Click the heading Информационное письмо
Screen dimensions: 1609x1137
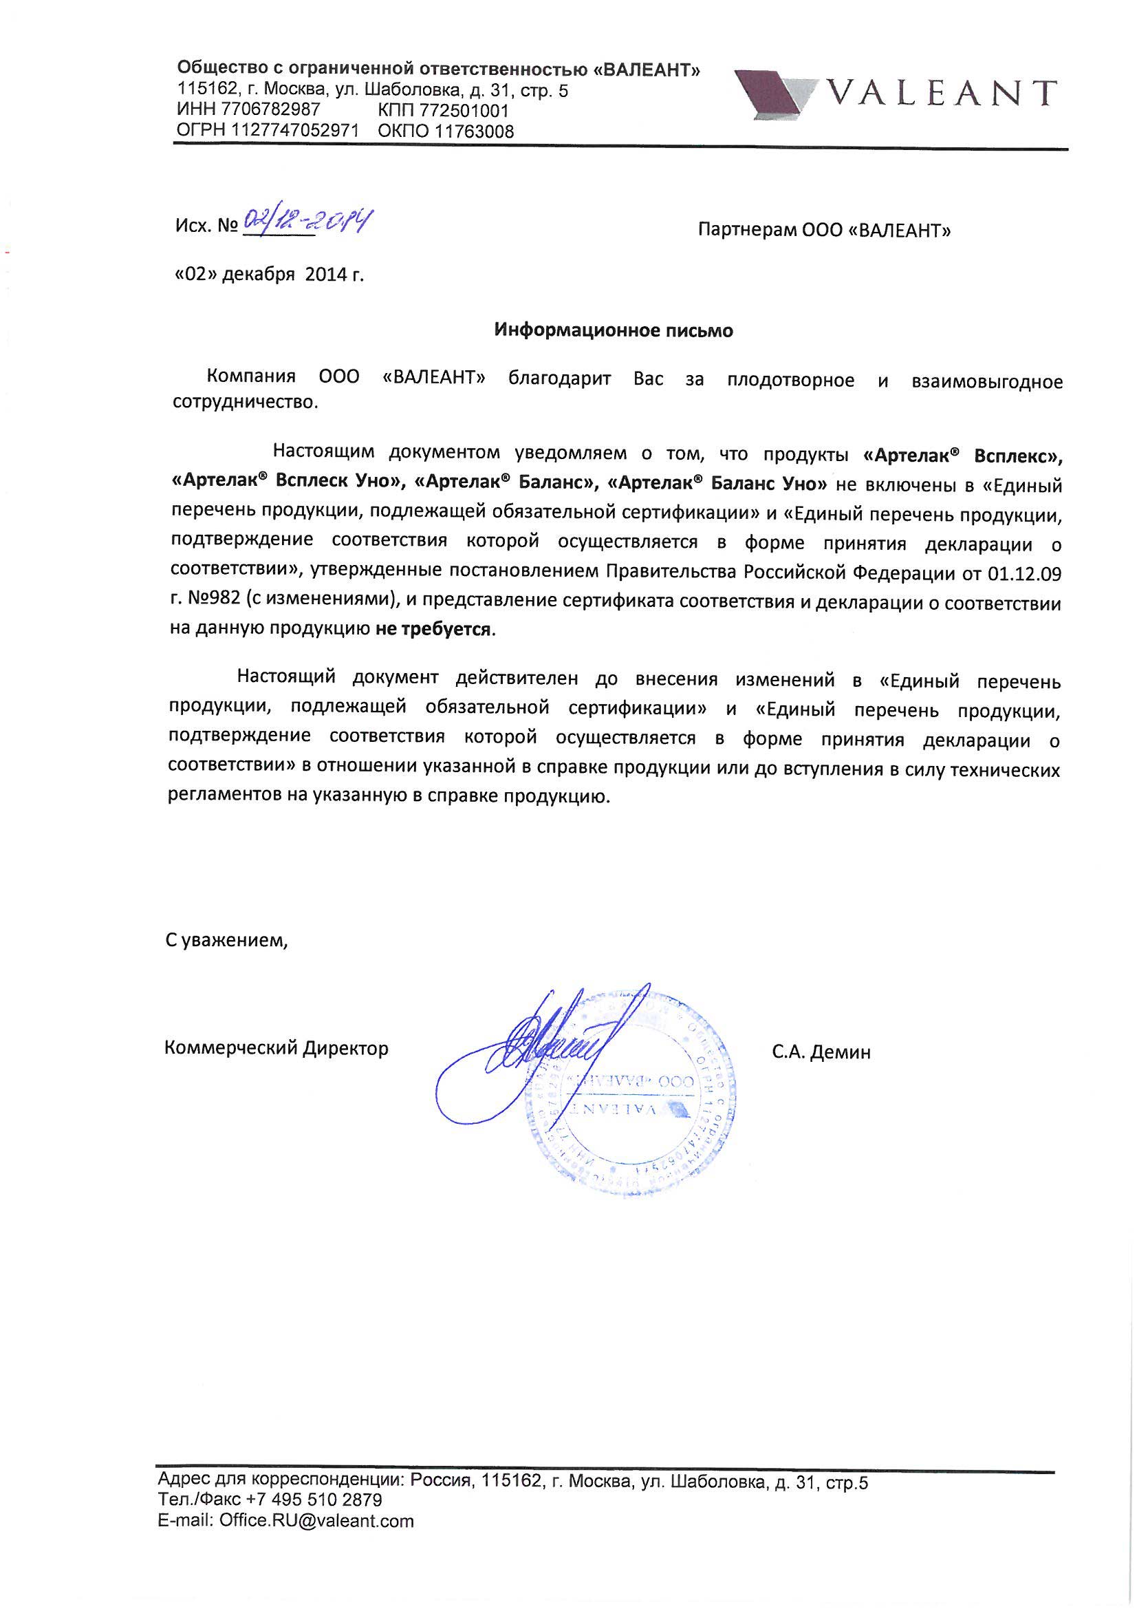614,330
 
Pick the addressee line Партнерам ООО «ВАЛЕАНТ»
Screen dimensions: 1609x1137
825,231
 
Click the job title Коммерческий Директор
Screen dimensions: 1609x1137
276,1048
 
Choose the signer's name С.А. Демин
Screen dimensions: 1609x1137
822,1052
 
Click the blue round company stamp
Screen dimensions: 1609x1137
631,1100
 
